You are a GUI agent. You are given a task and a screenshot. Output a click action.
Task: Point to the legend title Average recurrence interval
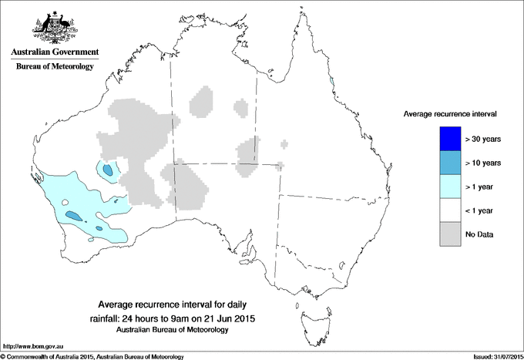[x=449, y=113]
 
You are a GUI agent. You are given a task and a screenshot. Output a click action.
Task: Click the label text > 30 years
[x=483, y=140]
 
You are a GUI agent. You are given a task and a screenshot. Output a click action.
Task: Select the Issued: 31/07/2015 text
[x=493, y=355]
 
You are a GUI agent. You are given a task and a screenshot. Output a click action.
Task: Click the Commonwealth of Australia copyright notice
[x=92, y=355]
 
